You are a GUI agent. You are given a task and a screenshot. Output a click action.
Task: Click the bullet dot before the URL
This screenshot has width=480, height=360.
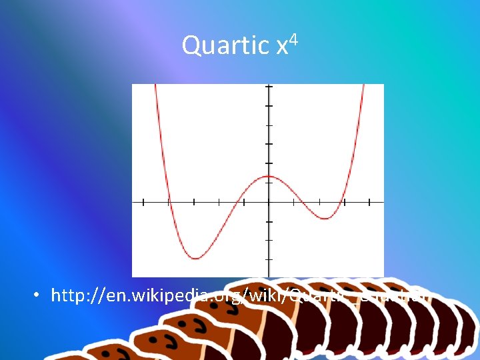coord(41,295)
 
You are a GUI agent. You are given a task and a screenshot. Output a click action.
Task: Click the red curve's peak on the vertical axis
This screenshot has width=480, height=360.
coord(269,177)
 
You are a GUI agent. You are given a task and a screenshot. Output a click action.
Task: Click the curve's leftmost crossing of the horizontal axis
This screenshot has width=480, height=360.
coord(168,201)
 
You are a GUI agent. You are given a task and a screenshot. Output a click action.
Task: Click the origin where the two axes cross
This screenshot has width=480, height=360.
coord(269,201)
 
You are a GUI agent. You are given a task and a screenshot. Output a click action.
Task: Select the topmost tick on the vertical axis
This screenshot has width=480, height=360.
coord(269,87)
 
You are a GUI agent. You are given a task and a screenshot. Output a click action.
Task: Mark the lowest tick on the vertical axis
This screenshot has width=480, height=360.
coord(269,259)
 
